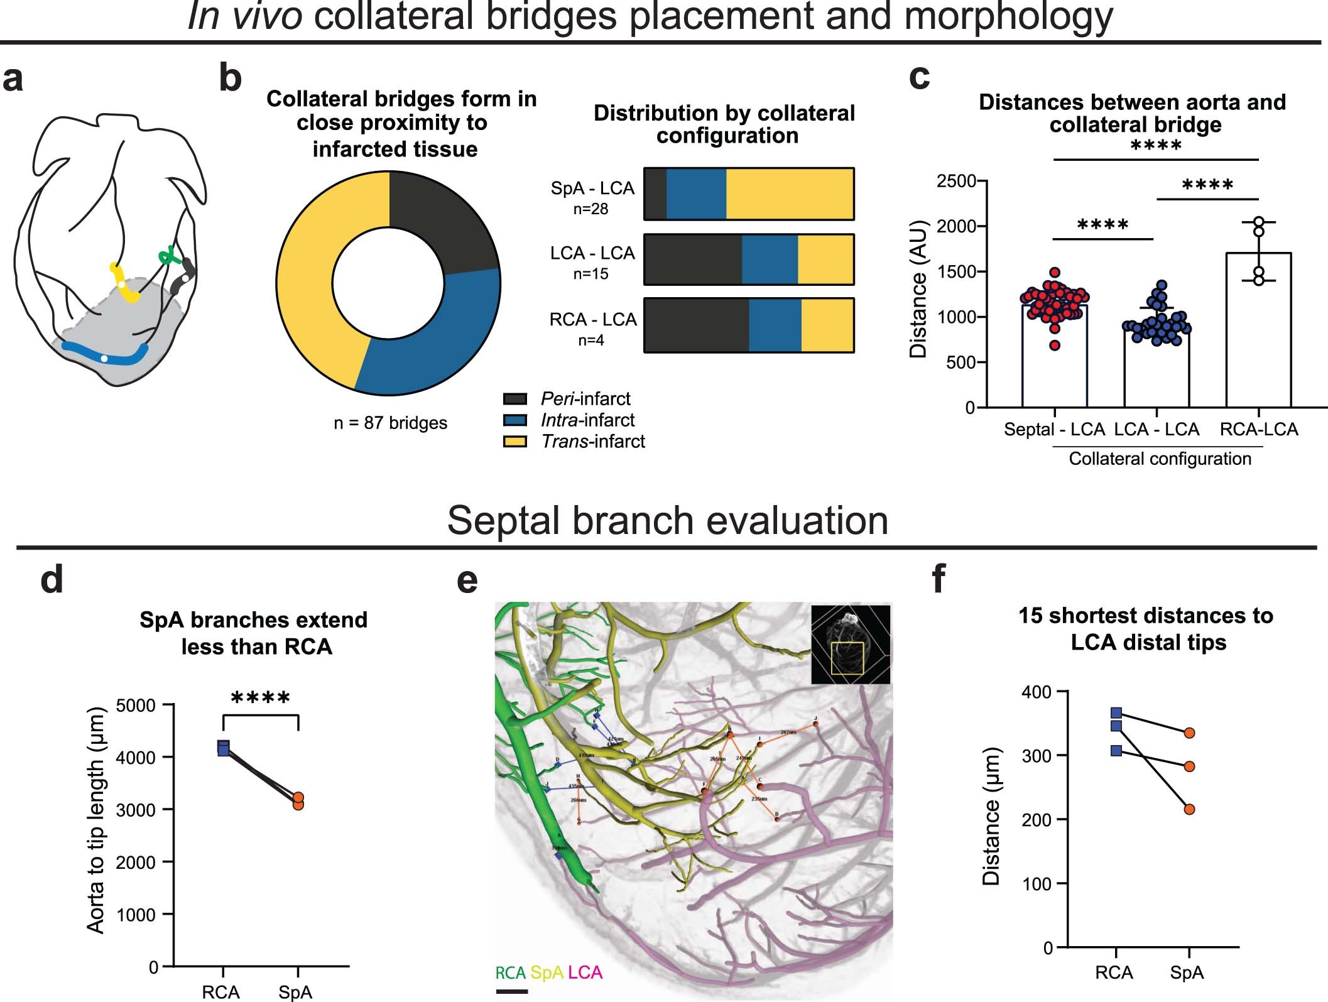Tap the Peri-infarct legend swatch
(x=515, y=399)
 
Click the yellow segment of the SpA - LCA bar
(x=790, y=193)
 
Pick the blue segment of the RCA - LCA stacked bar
(x=775, y=325)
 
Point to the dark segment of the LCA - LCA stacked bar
(x=692, y=259)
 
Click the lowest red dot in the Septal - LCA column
(x=1055, y=345)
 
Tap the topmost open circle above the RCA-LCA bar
(x=1258, y=222)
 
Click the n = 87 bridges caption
(x=390, y=423)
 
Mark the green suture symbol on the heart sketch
(x=168, y=256)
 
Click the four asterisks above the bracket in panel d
(x=261, y=698)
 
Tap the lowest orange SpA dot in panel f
(x=1189, y=809)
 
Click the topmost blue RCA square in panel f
(x=1116, y=712)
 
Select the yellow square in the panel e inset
(x=847, y=658)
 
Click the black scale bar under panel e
(x=511, y=993)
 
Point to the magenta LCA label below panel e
(x=585, y=973)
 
